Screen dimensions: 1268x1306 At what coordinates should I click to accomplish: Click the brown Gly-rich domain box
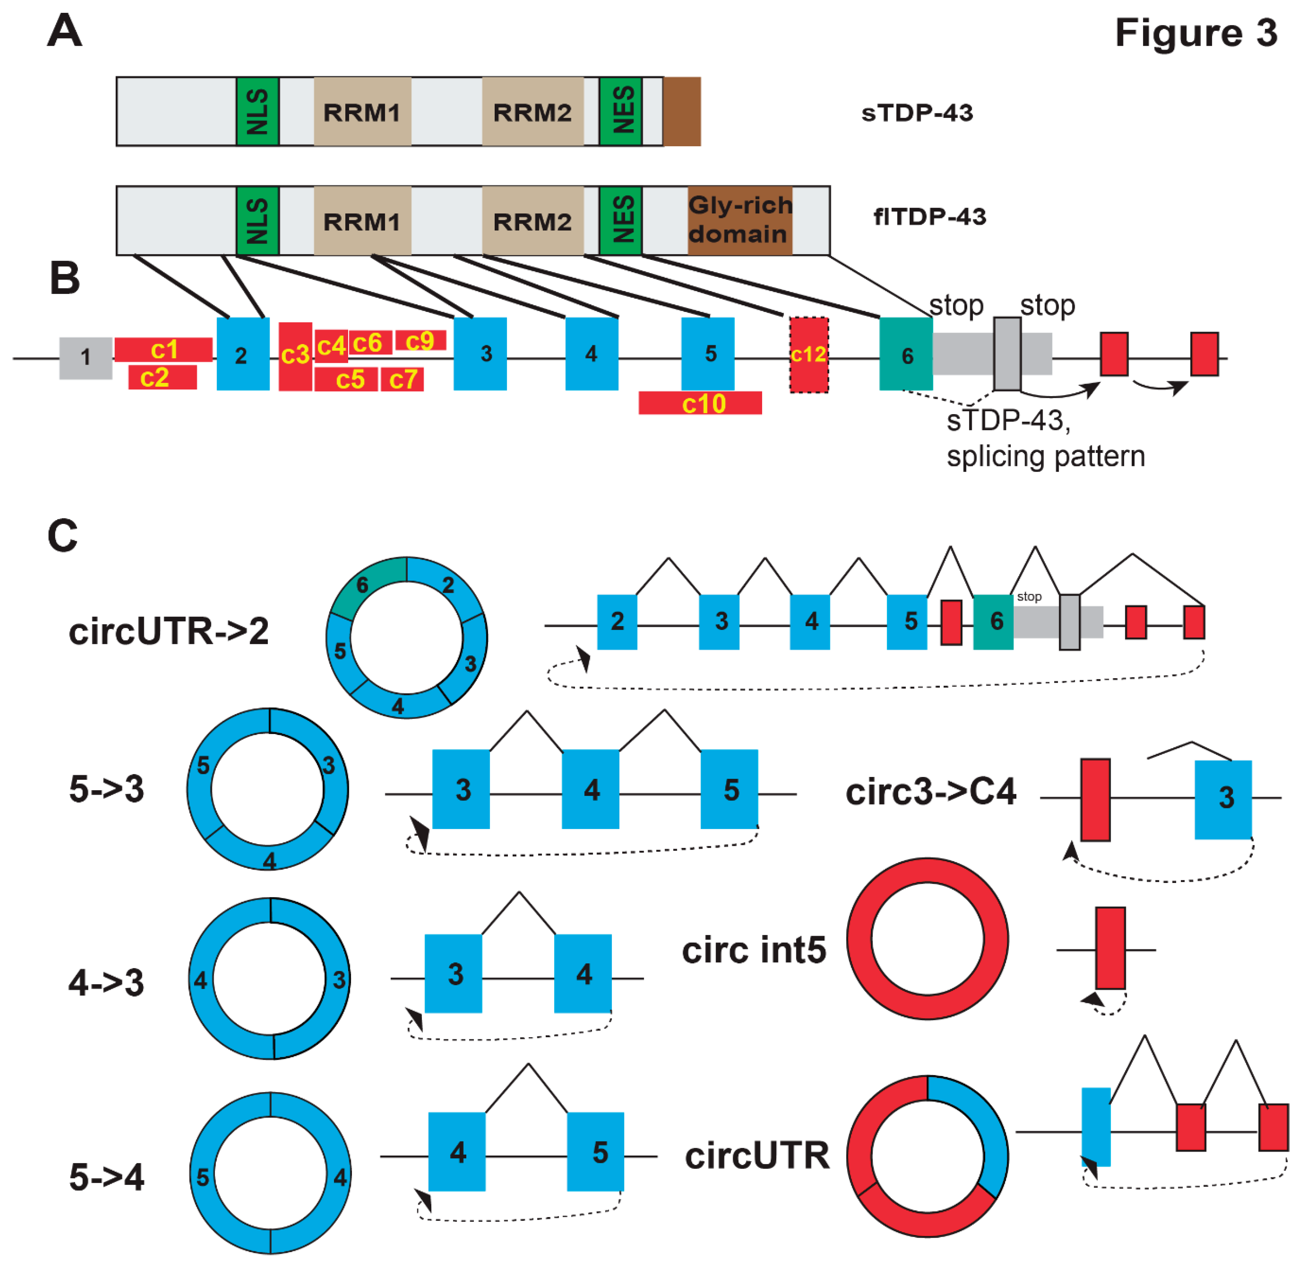click(740, 220)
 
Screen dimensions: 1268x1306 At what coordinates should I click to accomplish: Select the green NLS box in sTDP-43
click(257, 111)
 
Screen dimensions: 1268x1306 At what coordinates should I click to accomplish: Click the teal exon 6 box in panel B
click(906, 354)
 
